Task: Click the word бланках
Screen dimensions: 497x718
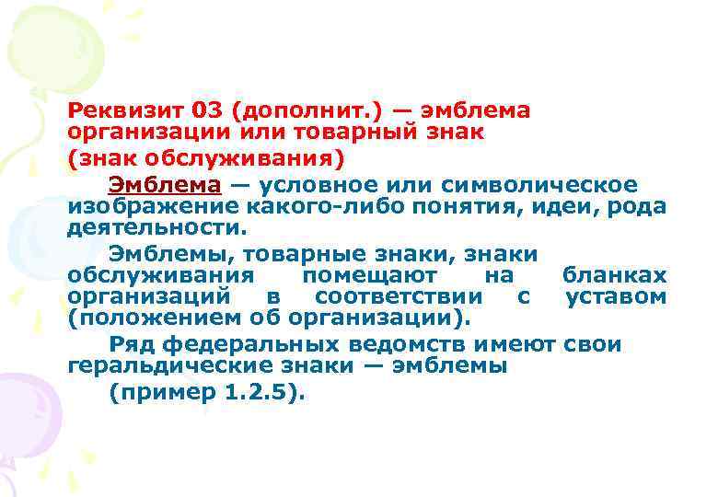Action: (x=614, y=275)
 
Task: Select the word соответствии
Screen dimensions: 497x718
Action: (x=399, y=296)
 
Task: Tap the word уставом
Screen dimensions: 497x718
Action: (x=616, y=296)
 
